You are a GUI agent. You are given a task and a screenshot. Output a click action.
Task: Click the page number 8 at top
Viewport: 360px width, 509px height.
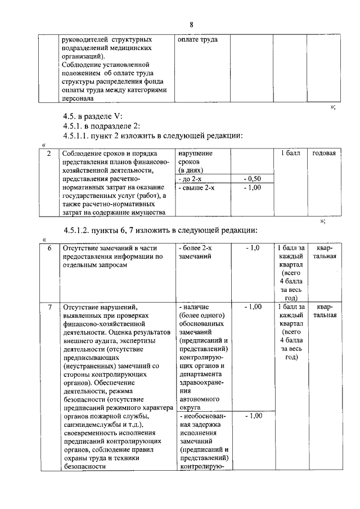[191, 25]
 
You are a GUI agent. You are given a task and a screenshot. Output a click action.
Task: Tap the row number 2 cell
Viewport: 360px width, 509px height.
[49, 154]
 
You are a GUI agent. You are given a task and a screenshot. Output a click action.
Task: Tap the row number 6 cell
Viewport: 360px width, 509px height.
[49, 248]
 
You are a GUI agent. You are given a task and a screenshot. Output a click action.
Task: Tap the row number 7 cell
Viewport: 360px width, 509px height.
[49, 307]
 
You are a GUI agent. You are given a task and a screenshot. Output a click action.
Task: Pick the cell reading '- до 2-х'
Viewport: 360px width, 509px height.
[191, 178]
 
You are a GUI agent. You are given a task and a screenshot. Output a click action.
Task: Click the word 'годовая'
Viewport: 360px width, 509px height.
[324, 154]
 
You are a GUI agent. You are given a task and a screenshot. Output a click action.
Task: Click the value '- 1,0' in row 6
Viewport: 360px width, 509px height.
[253, 248]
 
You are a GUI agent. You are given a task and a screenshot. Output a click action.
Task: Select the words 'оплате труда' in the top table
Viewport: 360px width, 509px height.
[197, 40]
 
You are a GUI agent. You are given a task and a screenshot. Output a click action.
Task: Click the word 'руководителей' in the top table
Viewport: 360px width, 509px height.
[85, 40]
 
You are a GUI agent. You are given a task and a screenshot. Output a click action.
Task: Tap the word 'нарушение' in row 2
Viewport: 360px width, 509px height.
[195, 154]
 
